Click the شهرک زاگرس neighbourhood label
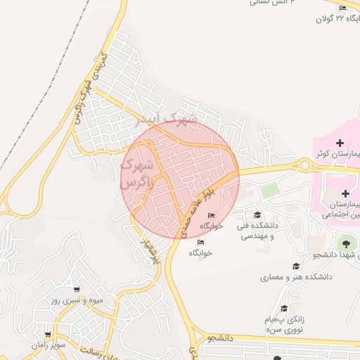coord(136,174)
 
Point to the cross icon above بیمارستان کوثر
coord(340,143)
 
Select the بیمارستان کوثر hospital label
coord(336,154)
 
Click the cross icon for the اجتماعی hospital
coord(345,193)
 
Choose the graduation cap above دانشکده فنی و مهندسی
coord(257,215)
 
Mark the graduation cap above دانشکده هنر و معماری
coord(296,266)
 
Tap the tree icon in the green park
coord(345,244)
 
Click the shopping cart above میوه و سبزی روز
coord(76,289)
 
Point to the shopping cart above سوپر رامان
coord(47,335)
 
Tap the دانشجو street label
coord(219,338)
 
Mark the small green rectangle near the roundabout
coord(270,190)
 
